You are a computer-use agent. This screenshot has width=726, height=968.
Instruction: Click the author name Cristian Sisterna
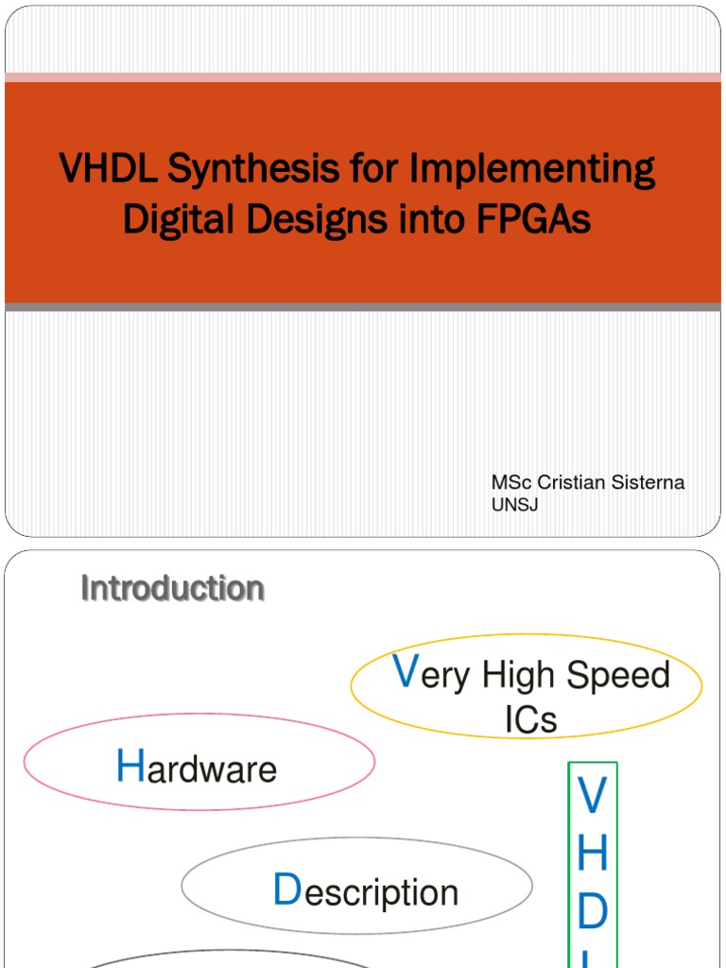pyautogui.click(x=611, y=483)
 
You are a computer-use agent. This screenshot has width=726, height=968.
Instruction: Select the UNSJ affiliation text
pyautogui.click(x=514, y=505)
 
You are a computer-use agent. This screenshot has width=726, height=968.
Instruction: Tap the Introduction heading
pyautogui.click(x=172, y=588)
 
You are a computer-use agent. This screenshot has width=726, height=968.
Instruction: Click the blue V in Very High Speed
pyautogui.click(x=405, y=672)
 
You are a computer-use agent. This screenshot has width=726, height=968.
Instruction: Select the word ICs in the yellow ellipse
pyautogui.click(x=530, y=720)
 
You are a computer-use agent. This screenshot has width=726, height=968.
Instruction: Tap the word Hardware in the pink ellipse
pyautogui.click(x=197, y=769)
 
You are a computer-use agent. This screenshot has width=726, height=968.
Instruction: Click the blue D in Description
pyautogui.click(x=285, y=890)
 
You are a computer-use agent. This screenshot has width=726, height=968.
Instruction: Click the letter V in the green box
pyautogui.click(x=592, y=796)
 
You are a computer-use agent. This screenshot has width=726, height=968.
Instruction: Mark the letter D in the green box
pyautogui.click(x=592, y=912)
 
